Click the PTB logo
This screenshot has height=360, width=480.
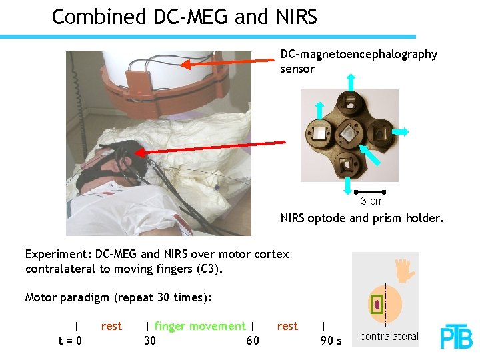pyautogui.click(x=456, y=337)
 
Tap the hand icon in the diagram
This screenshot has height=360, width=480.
pyautogui.click(x=403, y=269)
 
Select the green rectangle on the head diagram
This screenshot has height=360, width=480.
pyautogui.click(x=377, y=304)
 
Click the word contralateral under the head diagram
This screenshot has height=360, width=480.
pyautogui.click(x=389, y=337)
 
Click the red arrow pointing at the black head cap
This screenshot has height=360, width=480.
pyautogui.click(x=213, y=149)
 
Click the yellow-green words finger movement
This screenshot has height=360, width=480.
pyautogui.click(x=200, y=326)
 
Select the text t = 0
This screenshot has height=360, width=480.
pyautogui.click(x=70, y=341)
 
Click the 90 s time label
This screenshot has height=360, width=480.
pyautogui.click(x=331, y=341)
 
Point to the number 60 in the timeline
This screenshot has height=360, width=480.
pyautogui.click(x=253, y=341)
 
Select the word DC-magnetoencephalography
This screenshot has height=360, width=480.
pyautogui.click(x=359, y=54)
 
